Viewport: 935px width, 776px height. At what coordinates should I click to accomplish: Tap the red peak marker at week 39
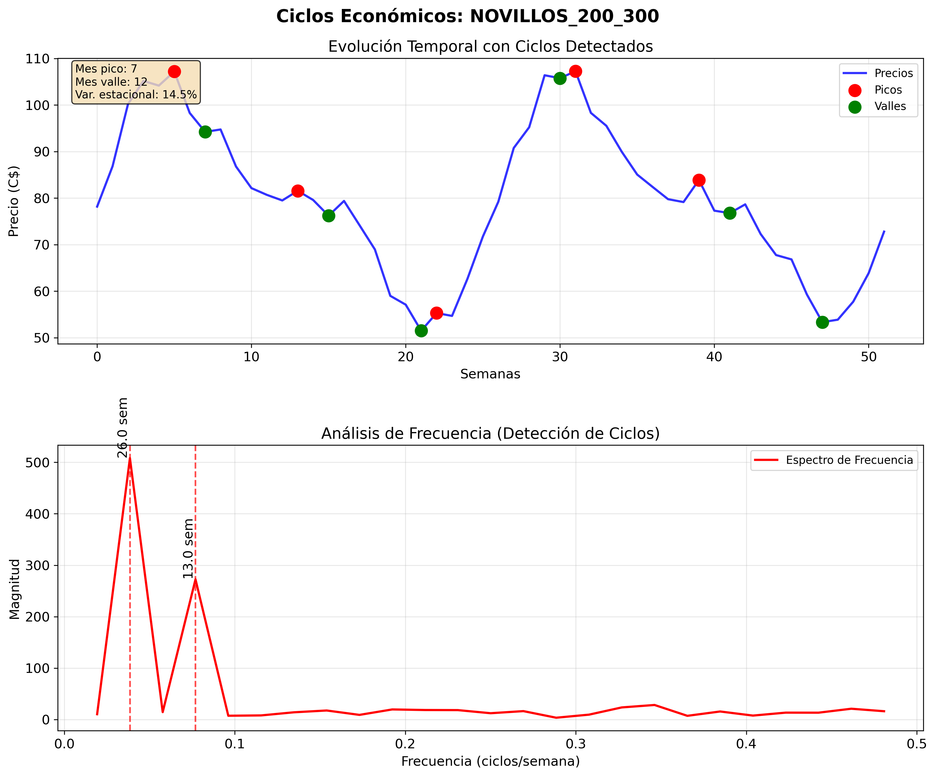[x=699, y=180]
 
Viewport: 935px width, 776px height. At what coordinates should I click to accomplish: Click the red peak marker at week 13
[x=298, y=191]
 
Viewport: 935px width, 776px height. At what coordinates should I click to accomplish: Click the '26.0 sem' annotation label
[x=123, y=427]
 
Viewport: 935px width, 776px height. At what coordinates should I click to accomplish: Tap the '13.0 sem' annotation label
[x=188, y=548]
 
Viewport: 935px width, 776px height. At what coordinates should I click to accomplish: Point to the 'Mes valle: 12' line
[x=111, y=82]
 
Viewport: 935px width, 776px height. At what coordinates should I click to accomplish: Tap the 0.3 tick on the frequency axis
[x=576, y=744]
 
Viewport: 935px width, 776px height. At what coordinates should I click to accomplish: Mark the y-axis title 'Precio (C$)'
[x=14, y=201]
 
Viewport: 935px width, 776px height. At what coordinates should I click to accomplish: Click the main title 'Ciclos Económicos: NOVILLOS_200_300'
[x=467, y=16]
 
